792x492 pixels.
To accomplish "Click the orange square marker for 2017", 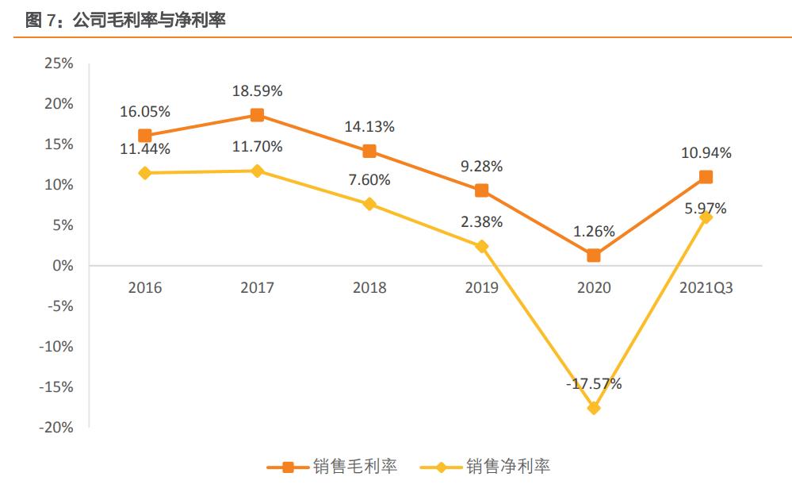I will click(257, 115).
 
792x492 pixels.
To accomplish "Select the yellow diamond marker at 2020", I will click(594, 408).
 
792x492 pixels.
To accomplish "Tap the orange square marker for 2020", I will click(594, 256).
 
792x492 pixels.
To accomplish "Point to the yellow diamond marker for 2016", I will click(144, 173).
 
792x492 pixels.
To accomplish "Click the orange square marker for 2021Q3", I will click(706, 177).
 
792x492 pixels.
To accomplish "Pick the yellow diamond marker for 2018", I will click(369, 204).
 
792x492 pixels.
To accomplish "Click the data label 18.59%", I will click(257, 91).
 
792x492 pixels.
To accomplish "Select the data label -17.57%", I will click(594, 384).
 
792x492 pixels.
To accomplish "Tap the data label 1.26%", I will click(594, 232).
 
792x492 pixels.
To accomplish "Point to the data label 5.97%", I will click(706, 209).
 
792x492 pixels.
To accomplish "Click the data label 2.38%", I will click(481, 222).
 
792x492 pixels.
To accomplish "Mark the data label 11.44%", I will click(144, 148).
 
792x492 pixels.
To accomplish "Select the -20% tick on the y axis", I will click(56, 428).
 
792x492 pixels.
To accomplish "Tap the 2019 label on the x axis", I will click(481, 288).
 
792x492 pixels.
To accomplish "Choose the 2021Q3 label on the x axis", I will click(706, 288).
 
